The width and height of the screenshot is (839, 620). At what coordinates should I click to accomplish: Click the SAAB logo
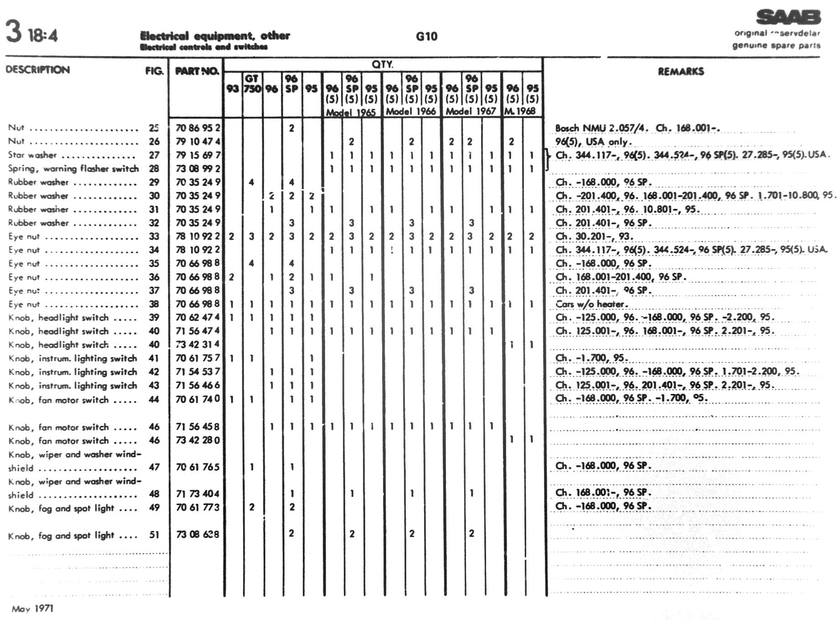[788, 17]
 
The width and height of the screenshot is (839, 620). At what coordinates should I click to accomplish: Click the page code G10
[426, 36]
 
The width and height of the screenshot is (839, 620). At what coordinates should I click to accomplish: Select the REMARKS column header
[680, 71]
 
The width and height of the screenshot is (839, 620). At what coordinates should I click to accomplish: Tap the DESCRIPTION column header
[38, 70]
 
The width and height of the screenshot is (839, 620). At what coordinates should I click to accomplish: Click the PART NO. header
[197, 71]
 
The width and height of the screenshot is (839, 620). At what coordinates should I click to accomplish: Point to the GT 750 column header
[252, 83]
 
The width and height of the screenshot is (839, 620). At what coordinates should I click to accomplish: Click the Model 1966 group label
[411, 111]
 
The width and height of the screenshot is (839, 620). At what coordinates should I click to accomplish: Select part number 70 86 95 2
[198, 128]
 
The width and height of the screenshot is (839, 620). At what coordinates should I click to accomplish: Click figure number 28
[154, 169]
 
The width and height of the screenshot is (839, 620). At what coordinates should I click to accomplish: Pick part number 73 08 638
[197, 534]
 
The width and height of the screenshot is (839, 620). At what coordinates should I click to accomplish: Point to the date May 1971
[32, 609]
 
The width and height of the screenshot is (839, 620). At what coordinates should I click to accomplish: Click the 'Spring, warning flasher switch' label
[73, 169]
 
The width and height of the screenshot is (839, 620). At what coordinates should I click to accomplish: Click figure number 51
[154, 535]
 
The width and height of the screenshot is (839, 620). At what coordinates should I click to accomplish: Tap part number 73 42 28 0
[197, 440]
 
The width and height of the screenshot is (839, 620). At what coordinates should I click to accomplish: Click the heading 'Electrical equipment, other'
[215, 36]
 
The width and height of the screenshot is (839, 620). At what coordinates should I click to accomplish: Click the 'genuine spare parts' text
[776, 45]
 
